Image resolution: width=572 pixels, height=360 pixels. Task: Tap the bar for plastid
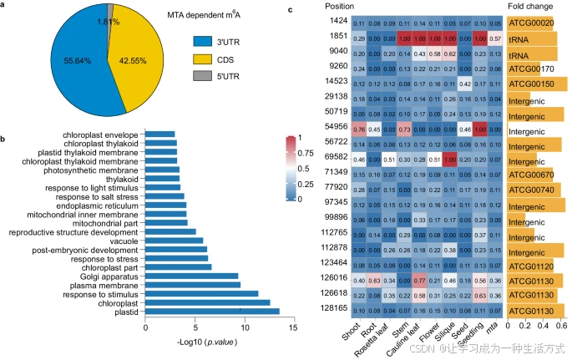point(212,312)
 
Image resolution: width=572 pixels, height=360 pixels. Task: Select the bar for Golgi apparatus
point(191,275)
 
